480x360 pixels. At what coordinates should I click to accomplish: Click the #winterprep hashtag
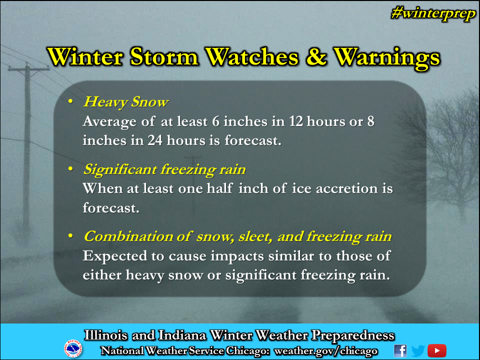point(433,14)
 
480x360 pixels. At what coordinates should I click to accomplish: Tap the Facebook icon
point(400,351)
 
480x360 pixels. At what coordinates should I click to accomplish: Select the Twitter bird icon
point(418,351)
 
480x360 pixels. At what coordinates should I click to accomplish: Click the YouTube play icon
point(437,351)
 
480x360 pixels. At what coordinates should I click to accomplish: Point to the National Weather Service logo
point(73,348)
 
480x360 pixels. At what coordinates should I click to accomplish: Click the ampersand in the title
point(316,56)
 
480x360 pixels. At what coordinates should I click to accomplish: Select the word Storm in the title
point(164,56)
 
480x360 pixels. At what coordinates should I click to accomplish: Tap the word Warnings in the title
point(386,57)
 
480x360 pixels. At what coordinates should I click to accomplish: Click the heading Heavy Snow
point(125,102)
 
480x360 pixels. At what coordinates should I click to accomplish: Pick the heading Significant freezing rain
point(164,169)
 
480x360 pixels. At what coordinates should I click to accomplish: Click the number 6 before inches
point(216,121)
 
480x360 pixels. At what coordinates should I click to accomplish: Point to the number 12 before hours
point(295,121)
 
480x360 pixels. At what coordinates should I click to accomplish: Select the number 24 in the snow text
point(155,140)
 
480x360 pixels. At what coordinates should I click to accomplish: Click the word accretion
point(346,188)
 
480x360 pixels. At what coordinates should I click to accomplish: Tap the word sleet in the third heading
point(255,237)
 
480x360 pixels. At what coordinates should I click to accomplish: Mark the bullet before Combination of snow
point(70,236)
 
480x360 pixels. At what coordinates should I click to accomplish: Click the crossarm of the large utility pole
point(28,69)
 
